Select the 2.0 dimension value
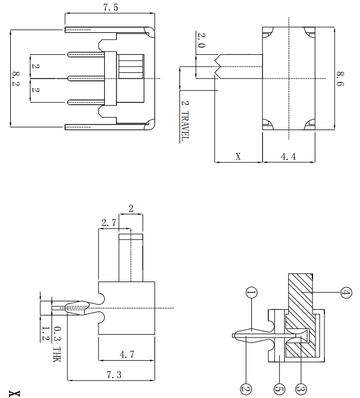pyautogui.click(x=201, y=41)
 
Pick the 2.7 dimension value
pyautogui.click(x=108, y=223)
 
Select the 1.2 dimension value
pyautogui.click(x=45, y=332)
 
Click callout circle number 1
pyautogui.click(x=251, y=292)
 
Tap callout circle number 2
pyautogui.click(x=246, y=389)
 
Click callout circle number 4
pyautogui.click(x=346, y=293)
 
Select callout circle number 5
pyautogui.click(x=278, y=389)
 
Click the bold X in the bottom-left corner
pyautogui.click(x=14, y=392)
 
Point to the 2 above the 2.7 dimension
pyautogui.click(x=131, y=209)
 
